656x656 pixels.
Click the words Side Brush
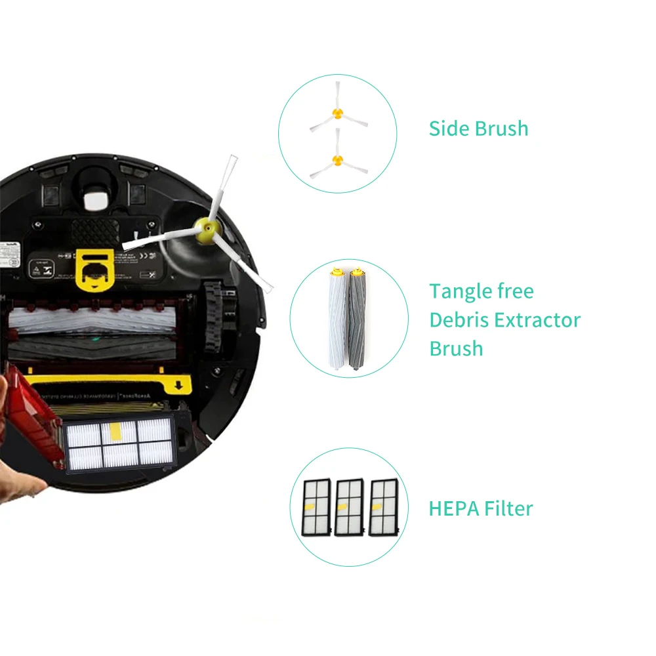478,128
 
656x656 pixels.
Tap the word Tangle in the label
457,291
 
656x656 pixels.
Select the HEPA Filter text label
480,508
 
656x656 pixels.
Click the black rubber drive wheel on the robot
214,315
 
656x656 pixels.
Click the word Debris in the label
459,320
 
